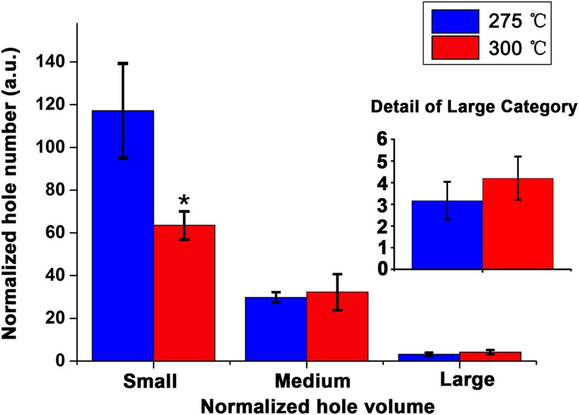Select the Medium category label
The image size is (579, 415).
click(313, 381)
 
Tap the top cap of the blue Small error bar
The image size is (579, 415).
click(123, 63)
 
